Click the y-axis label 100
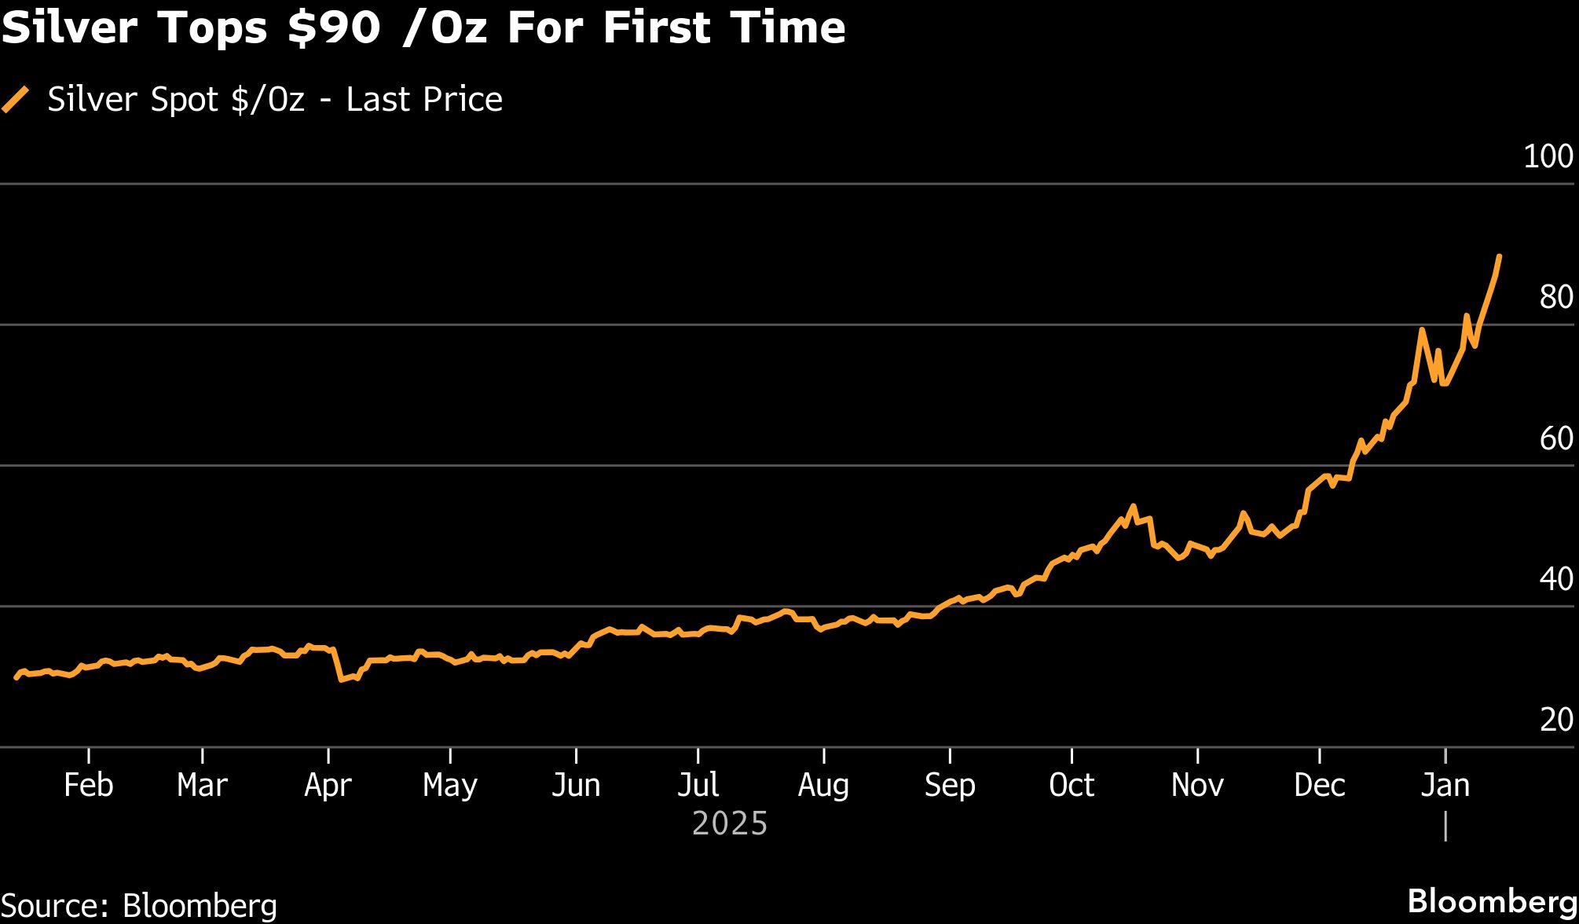1548,156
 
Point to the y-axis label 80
1555,297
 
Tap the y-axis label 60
1555,438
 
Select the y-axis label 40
1555,579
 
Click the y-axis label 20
1555,720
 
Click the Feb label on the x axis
88,785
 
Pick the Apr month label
328,785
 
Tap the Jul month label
698,785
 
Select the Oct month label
1072,785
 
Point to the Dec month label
1320,785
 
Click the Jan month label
1445,785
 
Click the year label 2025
730,823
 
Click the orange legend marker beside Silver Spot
16,100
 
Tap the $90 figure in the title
335,28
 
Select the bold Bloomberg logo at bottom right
1491,901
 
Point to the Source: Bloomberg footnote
139,905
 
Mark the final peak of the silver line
1500,256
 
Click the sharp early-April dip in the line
341,680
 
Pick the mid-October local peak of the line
1133,506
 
